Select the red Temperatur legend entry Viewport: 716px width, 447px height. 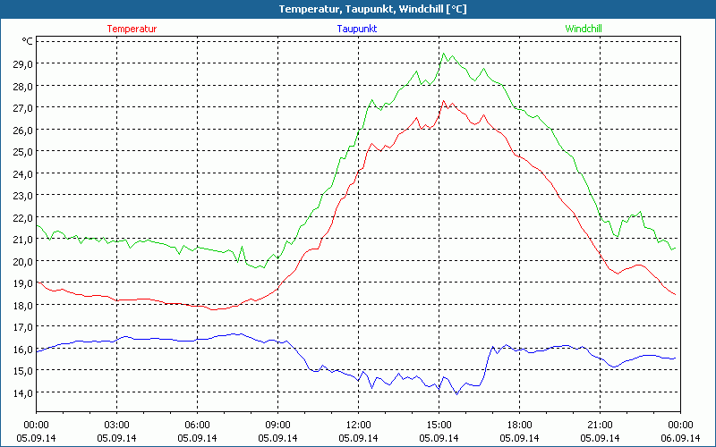132,29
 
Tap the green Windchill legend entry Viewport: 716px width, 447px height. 583,29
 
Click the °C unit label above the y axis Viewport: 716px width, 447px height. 28,41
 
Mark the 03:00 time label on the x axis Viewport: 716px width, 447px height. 116,425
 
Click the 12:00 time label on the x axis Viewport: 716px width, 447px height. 358,425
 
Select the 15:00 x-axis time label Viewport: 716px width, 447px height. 439,425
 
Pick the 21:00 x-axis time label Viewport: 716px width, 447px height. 600,425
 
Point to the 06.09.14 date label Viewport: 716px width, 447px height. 679,438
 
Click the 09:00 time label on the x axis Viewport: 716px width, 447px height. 277,425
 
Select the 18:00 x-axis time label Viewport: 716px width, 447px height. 519,425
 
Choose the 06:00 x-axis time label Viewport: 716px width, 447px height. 197,425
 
